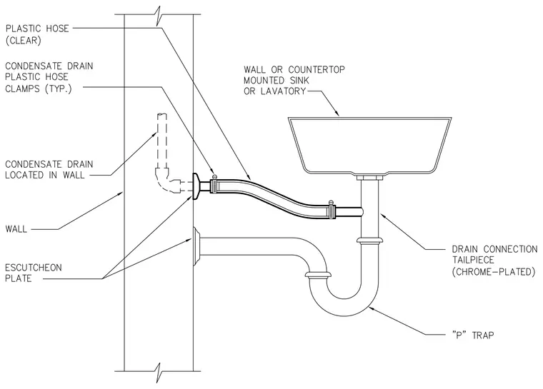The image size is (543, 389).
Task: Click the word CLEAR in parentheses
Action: [x=24, y=41]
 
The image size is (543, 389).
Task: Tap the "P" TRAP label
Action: [x=473, y=335]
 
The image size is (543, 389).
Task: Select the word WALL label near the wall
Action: [x=16, y=229]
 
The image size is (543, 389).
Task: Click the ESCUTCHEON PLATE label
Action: [x=34, y=273]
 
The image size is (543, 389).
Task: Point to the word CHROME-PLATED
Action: [x=494, y=271]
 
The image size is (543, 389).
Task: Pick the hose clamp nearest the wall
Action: [x=214, y=184]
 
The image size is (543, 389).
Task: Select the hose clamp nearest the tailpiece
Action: [x=331, y=210]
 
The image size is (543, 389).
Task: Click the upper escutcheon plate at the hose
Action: [x=196, y=186]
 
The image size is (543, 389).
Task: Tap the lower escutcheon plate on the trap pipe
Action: [x=196, y=246]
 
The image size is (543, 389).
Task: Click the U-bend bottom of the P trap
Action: [x=344, y=308]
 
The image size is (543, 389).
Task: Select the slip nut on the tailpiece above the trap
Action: [x=370, y=241]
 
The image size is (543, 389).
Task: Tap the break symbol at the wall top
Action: [x=159, y=15]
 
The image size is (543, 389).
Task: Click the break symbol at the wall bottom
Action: [x=159, y=372]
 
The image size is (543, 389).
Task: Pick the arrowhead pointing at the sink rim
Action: [x=337, y=113]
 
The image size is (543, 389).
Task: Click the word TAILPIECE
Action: [x=473, y=260]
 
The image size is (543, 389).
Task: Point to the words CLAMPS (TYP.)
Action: [x=38, y=89]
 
